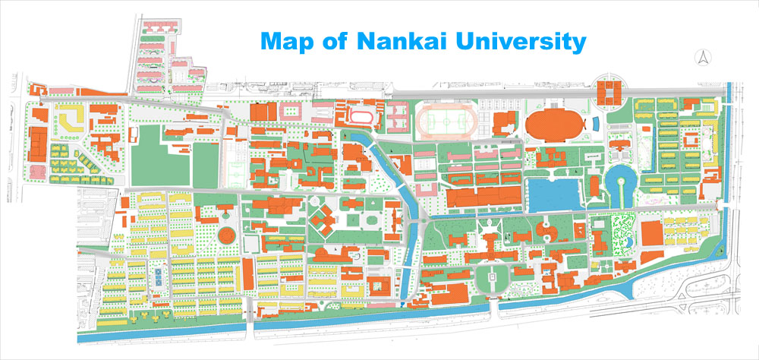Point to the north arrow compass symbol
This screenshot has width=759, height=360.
(704, 57)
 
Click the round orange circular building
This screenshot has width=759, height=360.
(226, 235)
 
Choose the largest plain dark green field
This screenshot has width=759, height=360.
(160, 156)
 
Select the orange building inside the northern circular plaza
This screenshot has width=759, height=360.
(609, 92)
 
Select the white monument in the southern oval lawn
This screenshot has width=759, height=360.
(493, 280)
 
